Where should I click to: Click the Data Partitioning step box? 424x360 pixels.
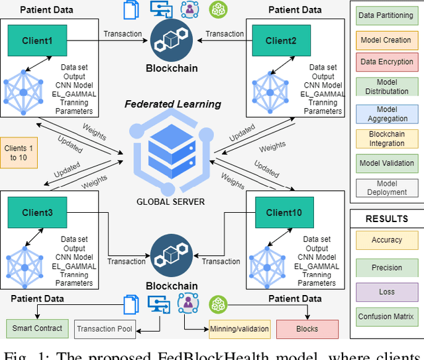point(386,15)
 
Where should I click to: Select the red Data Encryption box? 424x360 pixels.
point(386,62)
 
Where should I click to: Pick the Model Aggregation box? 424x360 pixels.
point(386,113)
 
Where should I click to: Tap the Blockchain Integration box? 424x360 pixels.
point(386,139)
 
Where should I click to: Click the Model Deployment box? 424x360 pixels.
point(386,188)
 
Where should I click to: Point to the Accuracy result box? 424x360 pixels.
point(386,240)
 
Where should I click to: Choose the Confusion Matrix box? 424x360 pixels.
point(386,316)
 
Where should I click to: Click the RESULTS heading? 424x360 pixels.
point(386,219)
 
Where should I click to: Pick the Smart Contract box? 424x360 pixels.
point(37,328)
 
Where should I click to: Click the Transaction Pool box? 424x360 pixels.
point(104,329)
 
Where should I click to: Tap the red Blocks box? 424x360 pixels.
point(307,329)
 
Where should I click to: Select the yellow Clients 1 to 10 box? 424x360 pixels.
point(19,153)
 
